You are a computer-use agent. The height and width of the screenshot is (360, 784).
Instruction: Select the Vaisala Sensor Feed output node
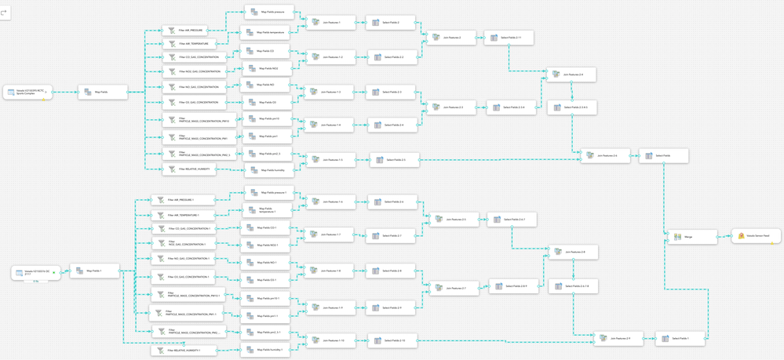click(757, 235)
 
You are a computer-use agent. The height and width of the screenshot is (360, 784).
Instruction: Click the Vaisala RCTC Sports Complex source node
click(26, 93)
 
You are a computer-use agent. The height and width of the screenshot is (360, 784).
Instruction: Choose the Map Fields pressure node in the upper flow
click(268, 13)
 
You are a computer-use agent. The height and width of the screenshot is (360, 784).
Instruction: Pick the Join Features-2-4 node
click(571, 75)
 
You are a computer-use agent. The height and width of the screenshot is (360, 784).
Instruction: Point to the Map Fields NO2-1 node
click(265, 245)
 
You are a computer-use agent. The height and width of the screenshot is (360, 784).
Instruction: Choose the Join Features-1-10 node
click(330, 340)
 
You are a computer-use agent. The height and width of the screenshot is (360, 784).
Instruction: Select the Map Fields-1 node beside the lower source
click(93, 271)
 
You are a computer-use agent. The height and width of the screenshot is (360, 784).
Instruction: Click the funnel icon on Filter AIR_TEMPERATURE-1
click(162, 214)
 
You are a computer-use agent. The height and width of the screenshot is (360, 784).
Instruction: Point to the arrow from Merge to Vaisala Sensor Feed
click(724, 236)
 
